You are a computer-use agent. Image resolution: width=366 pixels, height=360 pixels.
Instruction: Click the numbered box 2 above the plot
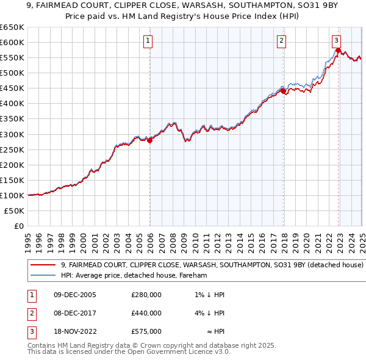click(x=282, y=41)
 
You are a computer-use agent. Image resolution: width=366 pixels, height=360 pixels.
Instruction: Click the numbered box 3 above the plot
click(x=337, y=41)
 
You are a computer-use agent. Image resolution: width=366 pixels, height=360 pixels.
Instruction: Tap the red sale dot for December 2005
click(x=150, y=140)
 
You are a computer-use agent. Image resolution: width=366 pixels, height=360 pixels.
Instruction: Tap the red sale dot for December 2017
click(x=283, y=92)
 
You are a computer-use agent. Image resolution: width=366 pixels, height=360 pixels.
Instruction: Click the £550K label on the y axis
click(x=12, y=57)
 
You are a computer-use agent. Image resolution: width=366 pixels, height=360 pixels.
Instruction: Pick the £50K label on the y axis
click(x=15, y=211)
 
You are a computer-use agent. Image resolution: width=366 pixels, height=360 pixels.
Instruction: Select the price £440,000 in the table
click(x=146, y=313)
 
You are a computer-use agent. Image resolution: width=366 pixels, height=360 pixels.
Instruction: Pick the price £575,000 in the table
click(x=146, y=331)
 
